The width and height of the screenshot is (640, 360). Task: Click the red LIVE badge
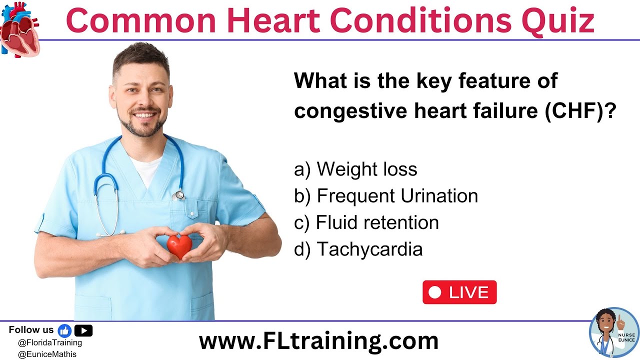click(459, 292)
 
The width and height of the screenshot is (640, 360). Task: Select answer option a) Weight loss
click(355, 169)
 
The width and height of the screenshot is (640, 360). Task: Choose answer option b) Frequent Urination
click(386, 196)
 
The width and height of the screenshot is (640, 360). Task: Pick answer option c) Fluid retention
click(366, 222)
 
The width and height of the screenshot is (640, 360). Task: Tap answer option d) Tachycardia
click(358, 249)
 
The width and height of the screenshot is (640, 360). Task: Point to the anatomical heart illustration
click(19, 29)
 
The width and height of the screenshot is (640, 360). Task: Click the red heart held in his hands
click(179, 246)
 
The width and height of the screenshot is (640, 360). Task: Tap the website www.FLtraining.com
click(318, 341)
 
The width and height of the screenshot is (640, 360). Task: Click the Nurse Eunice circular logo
click(614, 332)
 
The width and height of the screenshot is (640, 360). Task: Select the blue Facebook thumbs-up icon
click(64, 330)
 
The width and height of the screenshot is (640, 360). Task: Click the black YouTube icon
click(83, 330)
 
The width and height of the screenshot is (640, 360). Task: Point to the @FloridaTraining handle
click(49, 343)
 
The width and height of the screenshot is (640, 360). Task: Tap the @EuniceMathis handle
click(47, 354)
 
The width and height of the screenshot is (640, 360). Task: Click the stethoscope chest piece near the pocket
click(179, 195)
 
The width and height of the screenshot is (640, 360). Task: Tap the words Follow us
click(31, 330)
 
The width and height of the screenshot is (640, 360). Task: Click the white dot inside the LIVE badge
click(435, 292)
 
